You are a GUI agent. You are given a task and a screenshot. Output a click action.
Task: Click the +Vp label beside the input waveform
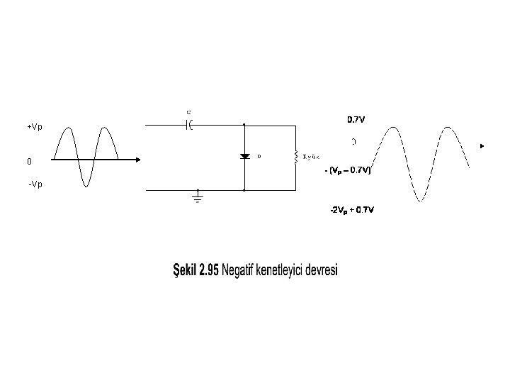(x=35, y=127)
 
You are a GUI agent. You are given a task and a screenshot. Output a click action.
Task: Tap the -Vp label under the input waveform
(x=35, y=184)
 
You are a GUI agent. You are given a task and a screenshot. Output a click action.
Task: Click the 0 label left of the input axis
(x=29, y=162)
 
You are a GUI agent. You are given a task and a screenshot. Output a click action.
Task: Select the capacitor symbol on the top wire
(x=189, y=125)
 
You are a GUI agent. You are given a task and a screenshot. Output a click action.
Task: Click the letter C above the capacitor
(x=188, y=112)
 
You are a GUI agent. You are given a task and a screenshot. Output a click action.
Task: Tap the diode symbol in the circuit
(x=244, y=156)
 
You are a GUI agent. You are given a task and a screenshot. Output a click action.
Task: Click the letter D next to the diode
(x=259, y=155)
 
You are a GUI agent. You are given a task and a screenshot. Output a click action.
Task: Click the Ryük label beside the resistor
(x=312, y=156)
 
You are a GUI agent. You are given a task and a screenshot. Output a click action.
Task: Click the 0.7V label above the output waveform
(x=356, y=119)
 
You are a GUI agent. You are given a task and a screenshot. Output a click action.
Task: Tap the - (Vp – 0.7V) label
(x=347, y=170)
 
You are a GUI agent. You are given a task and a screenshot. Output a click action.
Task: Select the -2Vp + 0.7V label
(x=352, y=210)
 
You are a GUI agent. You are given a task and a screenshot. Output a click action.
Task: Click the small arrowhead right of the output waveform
(x=482, y=146)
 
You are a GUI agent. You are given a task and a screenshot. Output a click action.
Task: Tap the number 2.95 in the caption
(x=209, y=270)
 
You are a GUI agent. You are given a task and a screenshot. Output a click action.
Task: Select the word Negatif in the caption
(x=240, y=270)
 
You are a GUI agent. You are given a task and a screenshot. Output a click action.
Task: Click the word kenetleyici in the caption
(x=281, y=271)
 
